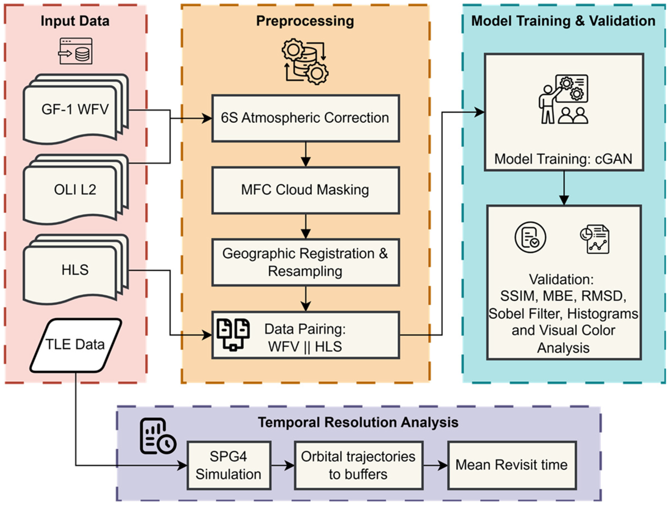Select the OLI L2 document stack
(x=75, y=190)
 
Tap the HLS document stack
(x=75, y=270)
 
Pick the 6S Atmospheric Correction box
(x=305, y=118)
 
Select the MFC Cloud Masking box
(x=305, y=190)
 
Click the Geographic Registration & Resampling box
(x=305, y=262)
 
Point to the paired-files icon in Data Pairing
(x=233, y=335)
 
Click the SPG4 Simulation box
(x=229, y=465)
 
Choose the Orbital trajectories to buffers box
(x=358, y=465)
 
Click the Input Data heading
(x=75, y=21)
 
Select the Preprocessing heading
(x=305, y=21)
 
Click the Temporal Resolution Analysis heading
(x=358, y=422)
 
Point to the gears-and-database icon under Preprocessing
(x=305, y=61)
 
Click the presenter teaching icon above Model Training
(x=563, y=99)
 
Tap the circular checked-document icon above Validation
(x=530, y=237)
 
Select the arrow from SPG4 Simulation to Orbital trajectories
(x=282, y=465)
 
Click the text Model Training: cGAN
(x=563, y=159)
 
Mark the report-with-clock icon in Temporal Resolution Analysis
(x=157, y=436)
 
